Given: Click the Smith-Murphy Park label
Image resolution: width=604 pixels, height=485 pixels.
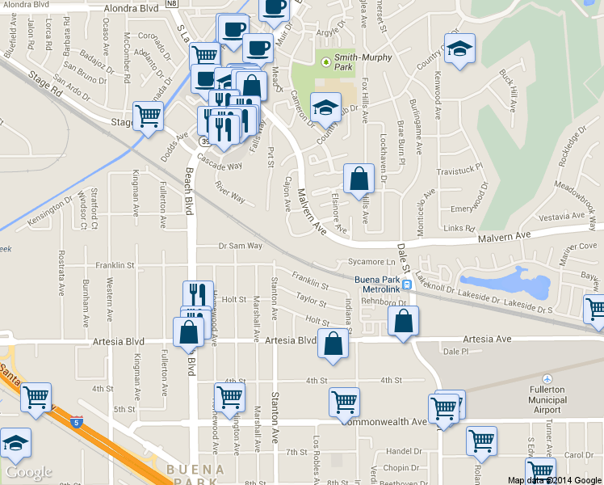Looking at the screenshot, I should (x=360, y=61).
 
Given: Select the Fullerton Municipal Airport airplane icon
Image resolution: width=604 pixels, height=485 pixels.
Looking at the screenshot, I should (x=547, y=380).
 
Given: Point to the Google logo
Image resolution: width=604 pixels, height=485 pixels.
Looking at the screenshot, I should (x=28, y=472).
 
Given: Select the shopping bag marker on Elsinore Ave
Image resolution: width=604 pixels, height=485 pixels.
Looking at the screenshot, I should (x=359, y=180).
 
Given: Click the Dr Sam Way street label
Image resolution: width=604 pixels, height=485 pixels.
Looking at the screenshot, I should (x=241, y=246).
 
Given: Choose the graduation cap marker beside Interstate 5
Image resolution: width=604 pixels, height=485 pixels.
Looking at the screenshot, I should (x=15, y=444).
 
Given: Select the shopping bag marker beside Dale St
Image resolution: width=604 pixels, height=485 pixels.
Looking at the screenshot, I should (x=404, y=321).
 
